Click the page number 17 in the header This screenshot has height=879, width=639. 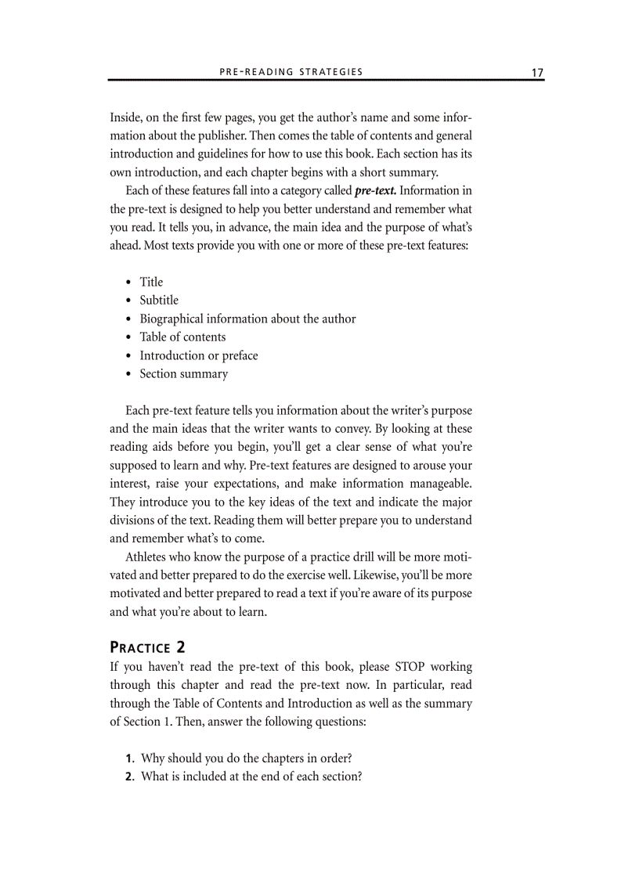[537, 72]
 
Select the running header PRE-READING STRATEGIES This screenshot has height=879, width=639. [291, 72]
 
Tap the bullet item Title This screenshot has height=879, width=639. [151, 282]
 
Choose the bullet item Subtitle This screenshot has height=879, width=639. [159, 300]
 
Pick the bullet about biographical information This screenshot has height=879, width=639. [247, 319]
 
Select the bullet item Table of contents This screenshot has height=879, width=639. [182, 337]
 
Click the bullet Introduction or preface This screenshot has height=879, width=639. [198, 355]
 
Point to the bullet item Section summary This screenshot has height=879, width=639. [183, 373]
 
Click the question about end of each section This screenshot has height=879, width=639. [251, 776]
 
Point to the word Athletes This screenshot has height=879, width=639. [149, 557]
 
